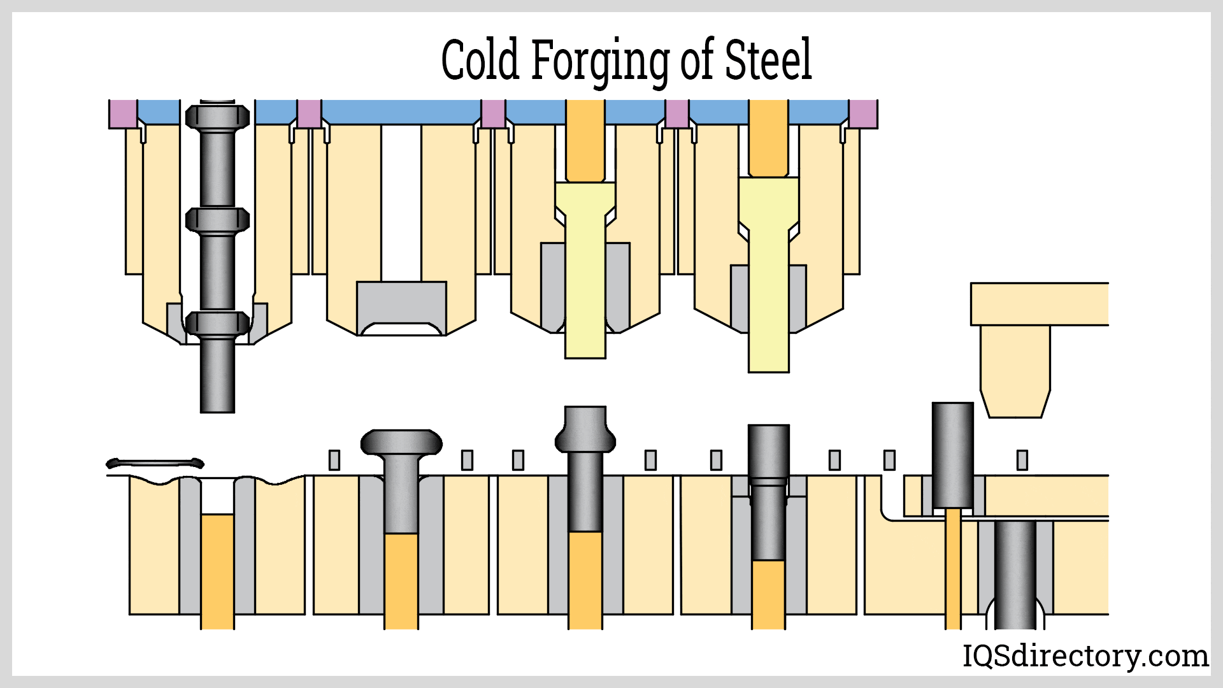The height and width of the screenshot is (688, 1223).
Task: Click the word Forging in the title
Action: [x=599, y=61]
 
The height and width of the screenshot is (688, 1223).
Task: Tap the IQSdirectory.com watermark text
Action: [x=1085, y=656]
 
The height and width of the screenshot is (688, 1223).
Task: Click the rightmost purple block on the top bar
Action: [x=863, y=113]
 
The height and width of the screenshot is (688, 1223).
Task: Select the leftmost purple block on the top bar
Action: [x=122, y=113]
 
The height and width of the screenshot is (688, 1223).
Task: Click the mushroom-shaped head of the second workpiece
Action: [x=401, y=442]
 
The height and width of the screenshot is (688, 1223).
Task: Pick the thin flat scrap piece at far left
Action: [x=155, y=463]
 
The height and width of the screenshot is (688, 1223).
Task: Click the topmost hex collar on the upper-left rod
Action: [x=217, y=117]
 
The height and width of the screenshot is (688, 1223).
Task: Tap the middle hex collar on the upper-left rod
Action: [x=217, y=220]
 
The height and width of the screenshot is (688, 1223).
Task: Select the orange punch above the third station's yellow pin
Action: [x=585, y=140]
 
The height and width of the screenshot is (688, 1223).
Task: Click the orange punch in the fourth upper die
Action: [x=768, y=137]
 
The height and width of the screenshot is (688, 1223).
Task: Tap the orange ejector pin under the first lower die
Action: [x=217, y=570]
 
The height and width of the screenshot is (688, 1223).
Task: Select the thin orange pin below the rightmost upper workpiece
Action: [x=953, y=567]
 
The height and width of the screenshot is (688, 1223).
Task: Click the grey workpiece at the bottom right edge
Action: [x=1015, y=573]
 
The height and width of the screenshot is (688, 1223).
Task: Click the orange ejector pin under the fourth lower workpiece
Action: [x=768, y=592]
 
